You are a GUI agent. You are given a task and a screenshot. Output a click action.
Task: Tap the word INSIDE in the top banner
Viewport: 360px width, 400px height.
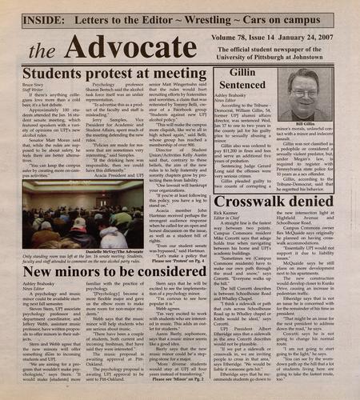pyautogui.click(x=38, y=13)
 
